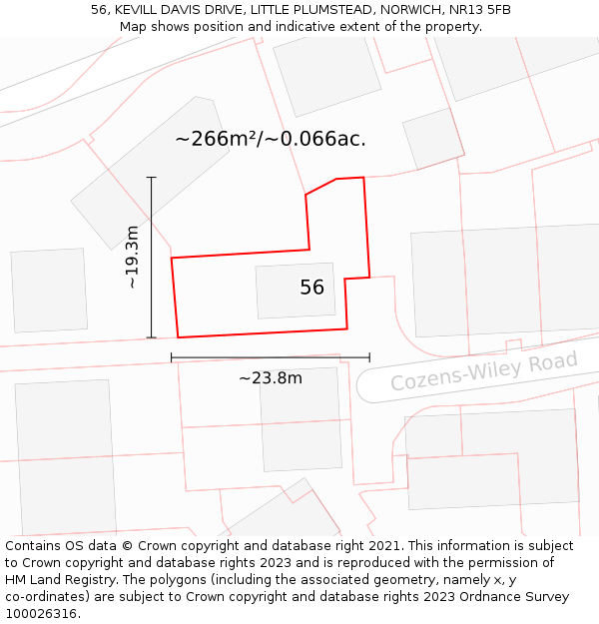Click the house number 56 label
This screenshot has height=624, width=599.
(x=311, y=288)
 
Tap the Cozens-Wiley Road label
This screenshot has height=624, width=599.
(x=483, y=371)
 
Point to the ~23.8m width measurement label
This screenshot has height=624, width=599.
(x=270, y=377)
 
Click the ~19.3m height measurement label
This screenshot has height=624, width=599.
(x=132, y=258)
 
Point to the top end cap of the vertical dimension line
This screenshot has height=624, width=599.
(x=152, y=178)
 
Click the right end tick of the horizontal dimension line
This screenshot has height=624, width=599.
(x=369, y=356)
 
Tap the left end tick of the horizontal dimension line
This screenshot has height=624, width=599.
(x=172, y=356)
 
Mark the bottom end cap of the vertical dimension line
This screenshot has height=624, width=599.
(x=152, y=337)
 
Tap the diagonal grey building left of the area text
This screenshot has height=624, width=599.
(x=150, y=170)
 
